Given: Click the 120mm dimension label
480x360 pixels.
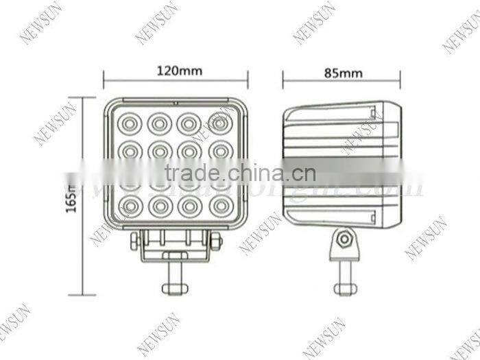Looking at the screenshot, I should click(x=176, y=71).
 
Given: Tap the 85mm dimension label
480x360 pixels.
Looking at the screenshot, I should click(x=341, y=71).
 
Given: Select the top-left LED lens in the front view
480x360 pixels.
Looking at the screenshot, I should click(x=129, y=124).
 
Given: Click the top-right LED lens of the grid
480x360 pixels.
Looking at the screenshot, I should click(x=219, y=123).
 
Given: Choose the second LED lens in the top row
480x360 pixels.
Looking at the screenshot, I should click(x=159, y=124).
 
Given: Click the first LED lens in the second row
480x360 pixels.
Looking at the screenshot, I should click(x=129, y=148).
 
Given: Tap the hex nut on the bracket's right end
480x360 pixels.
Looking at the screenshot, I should click(x=216, y=240).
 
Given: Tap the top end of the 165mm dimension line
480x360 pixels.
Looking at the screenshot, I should click(x=84, y=97).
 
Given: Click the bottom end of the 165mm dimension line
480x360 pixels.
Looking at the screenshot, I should click(x=84, y=295).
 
